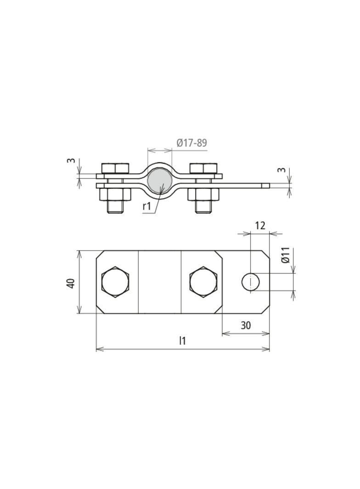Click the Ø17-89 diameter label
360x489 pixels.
point(191,143)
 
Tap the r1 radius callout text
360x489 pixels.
point(147,206)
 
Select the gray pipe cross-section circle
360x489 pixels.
point(160,181)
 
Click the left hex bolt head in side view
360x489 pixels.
point(115,168)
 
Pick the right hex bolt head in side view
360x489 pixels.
point(203,168)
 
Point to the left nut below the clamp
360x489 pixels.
point(115,194)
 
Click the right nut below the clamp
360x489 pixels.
point(203,194)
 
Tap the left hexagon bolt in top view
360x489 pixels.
point(115,282)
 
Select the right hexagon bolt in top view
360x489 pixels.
point(203,282)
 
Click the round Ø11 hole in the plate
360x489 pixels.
point(250,282)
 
